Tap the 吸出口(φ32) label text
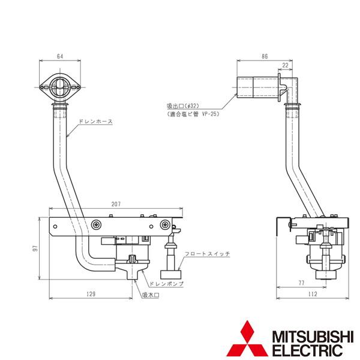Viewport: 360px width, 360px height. (185, 104)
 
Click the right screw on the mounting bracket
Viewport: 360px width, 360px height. (164, 224)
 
